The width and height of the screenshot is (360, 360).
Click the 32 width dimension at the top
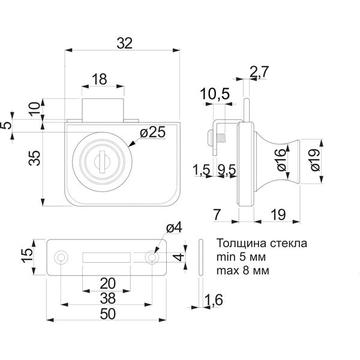tap(125, 43)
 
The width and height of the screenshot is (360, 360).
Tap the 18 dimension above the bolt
tap(100, 79)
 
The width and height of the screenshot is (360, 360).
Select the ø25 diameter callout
tap(152, 132)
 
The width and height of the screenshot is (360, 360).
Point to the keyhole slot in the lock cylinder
tap(103, 161)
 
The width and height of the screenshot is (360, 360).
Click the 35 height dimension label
tap(34, 158)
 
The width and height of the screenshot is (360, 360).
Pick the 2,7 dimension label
tap(259, 72)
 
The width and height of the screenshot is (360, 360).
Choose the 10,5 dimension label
tap(215, 94)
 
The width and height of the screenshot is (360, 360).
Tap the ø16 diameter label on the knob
tap(282, 160)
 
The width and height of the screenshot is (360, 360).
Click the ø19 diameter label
tap(315, 160)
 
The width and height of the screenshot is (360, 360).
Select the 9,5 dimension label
tap(227, 170)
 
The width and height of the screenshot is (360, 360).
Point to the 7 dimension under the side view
tap(217, 215)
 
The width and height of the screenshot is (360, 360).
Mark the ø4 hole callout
tap(174, 228)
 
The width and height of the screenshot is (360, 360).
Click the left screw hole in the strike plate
tap(61, 257)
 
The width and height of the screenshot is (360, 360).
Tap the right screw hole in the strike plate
tap(152, 257)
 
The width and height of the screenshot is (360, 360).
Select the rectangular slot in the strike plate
tap(107, 257)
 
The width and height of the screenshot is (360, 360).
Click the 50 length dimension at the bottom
tap(107, 314)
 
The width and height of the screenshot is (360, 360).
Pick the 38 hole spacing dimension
tap(107, 298)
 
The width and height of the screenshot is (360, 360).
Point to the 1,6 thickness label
tap(213, 300)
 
